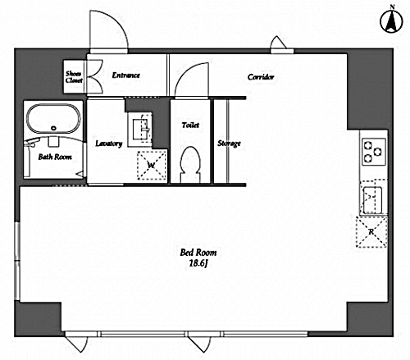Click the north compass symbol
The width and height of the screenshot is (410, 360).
(x=391, y=21)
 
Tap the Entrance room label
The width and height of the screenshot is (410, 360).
(x=126, y=75)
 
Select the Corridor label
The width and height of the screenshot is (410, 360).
(x=261, y=77)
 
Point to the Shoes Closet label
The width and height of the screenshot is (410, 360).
(x=74, y=77)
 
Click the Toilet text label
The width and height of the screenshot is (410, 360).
(x=190, y=125)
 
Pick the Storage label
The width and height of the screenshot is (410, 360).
(x=229, y=144)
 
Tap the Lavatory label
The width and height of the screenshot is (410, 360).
(x=109, y=144)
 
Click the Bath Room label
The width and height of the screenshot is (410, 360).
(x=55, y=157)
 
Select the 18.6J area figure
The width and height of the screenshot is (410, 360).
(x=198, y=263)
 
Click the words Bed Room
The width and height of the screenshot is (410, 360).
(x=198, y=253)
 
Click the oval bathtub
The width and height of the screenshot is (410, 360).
(x=53, y=119)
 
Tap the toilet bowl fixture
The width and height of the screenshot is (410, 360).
(x=190, y=165)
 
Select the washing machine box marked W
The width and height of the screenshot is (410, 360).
(x=152, y=166)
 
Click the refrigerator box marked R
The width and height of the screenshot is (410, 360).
(x=371, y=232)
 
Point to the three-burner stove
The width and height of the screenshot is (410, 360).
(x=374, y=152)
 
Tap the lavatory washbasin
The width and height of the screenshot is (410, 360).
(x=139, y=129)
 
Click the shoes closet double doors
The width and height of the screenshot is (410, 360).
(x=94, y=76)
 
